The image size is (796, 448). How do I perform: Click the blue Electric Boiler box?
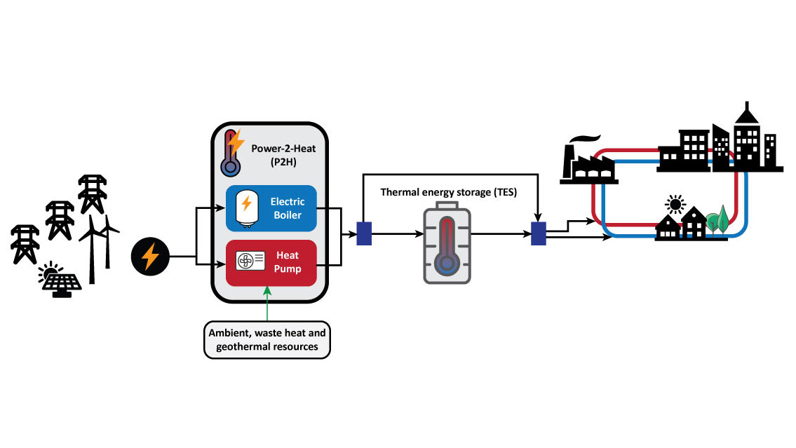tap(271, 208)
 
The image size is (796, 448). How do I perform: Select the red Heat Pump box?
tap(271, 263)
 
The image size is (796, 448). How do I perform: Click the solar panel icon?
tap(61, 281)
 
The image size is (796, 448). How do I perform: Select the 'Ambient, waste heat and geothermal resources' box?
tap(268, 339)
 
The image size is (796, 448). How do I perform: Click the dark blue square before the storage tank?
tap(364, 233)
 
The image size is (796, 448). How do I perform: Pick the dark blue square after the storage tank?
tap(538, 233)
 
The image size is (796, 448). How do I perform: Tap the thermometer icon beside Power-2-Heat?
tap(229, 154)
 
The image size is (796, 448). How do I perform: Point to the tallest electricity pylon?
tap(92, 194)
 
